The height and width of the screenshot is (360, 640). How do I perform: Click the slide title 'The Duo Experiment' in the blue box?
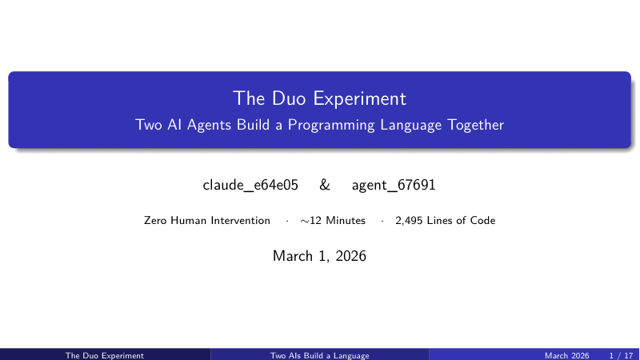(319, 98)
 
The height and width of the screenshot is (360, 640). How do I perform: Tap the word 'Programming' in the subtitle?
(331, 126)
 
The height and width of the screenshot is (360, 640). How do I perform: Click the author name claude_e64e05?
(250, 185)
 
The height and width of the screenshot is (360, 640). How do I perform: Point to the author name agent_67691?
(394, 185)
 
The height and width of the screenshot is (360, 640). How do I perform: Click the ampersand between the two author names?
(325, 185)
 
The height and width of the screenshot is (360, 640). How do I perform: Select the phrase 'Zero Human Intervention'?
(207, 221)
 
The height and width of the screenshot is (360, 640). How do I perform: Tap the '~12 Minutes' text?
(333, 221)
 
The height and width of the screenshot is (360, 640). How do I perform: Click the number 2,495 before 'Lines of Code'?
(409, 221)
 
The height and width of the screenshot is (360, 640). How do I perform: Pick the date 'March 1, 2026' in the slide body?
(319, 256)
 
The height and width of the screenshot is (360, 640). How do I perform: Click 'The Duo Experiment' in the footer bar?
(105, 355)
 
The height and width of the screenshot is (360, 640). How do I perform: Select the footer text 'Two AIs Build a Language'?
(319, 355)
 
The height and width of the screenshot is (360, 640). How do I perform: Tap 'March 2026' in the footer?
(567, 355)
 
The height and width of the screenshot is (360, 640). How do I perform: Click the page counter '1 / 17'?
(621, 355)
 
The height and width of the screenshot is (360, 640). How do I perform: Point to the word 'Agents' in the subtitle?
(210, 126)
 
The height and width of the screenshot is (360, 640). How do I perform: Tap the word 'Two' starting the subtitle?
(149, 125)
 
